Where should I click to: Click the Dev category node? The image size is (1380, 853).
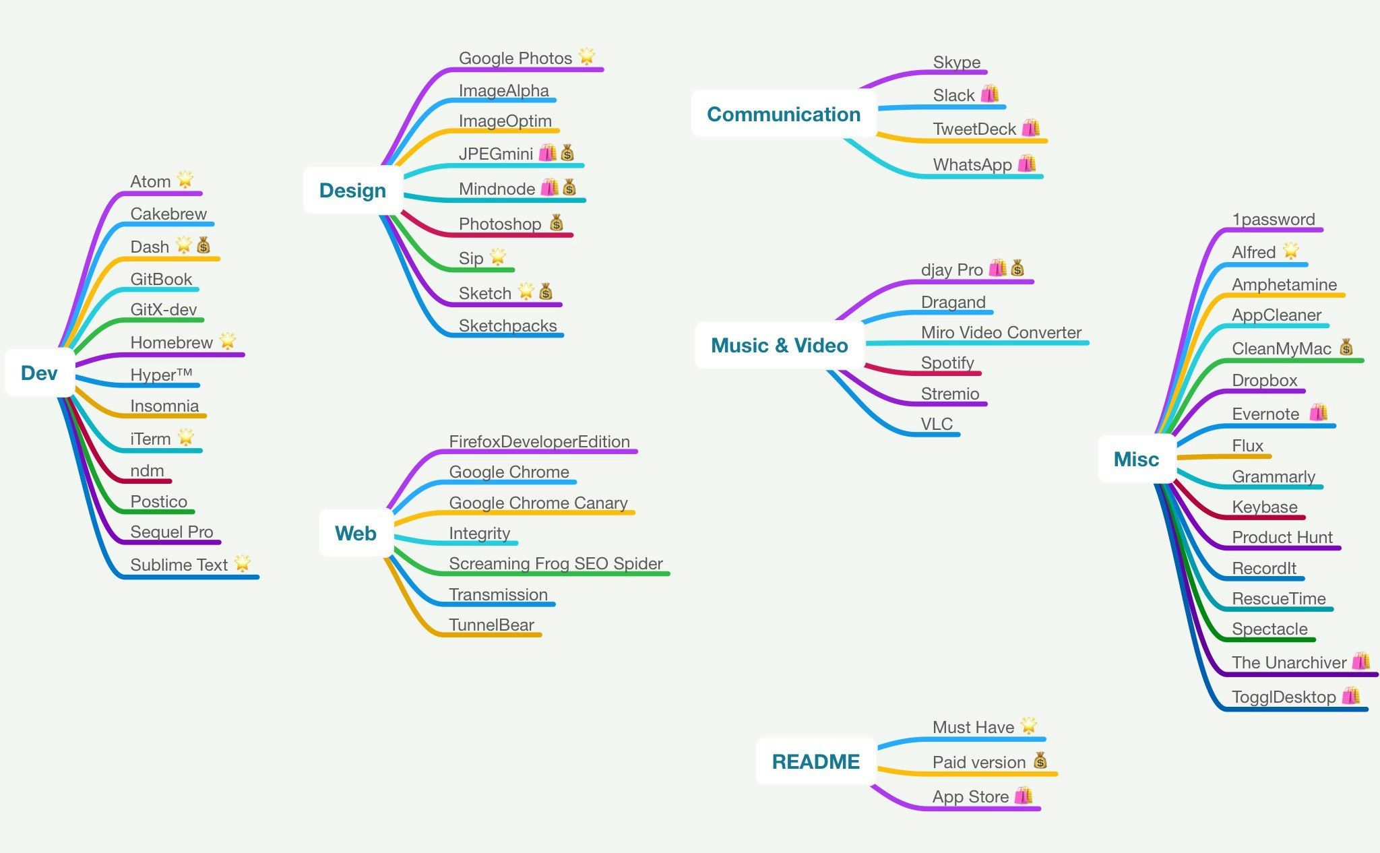point(39,373)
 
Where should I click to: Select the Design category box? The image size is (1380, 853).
point(352,191)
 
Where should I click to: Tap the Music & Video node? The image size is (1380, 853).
point(779,346)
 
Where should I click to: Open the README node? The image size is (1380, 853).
point(815,761)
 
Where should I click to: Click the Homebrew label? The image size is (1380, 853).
point(171,342)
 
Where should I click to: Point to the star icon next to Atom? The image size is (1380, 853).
point(185,180)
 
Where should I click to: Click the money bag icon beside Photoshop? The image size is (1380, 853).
point(556,223)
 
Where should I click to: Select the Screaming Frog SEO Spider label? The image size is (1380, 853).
point(555,563)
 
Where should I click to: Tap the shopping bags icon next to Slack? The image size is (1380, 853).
point(989,94)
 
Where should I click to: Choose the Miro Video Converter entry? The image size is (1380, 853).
point(1001,332)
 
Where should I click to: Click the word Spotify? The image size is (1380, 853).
point(947,362)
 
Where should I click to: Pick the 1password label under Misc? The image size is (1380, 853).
point(1273,219)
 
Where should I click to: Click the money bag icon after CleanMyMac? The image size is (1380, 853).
point(1346,348)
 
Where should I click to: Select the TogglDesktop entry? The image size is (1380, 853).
point(1283,697)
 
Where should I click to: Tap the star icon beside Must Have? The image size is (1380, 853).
point(1028,726)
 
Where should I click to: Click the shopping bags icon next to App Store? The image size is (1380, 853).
point(1023,796)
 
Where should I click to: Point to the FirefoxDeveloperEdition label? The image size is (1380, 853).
point(539,441)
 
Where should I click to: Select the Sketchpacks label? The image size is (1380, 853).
point(507,325)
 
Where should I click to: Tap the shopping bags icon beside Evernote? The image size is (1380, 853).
point(1318,412)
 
